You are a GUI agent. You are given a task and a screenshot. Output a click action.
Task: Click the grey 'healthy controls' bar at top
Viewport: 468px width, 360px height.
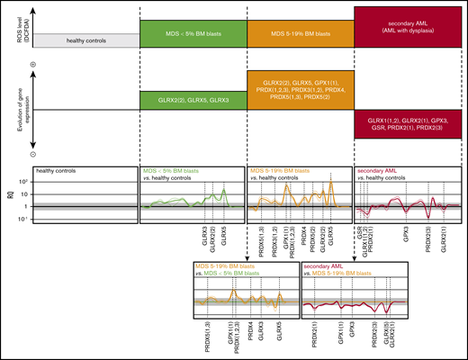pos(85,40)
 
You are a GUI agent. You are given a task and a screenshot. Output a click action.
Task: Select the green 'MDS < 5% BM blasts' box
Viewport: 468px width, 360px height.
pos(193,33)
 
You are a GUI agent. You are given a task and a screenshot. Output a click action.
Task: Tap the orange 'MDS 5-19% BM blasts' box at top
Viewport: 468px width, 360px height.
pos(301,33)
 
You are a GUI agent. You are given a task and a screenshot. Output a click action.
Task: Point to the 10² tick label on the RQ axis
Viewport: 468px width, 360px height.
pos(24,181)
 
